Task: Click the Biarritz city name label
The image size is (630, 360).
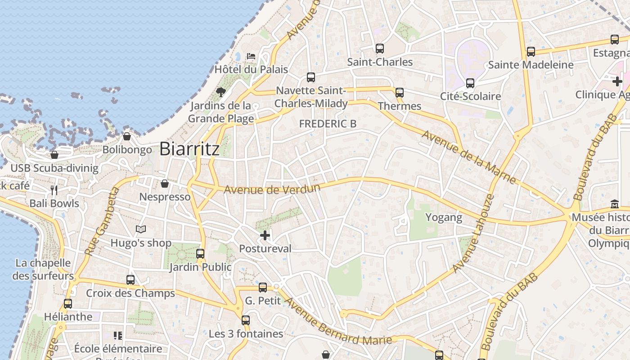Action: tap(189, 149)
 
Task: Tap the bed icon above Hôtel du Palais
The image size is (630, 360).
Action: tap(251, 56)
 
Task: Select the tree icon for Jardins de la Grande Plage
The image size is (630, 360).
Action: tap(220, 92)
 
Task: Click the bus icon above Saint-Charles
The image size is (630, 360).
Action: tap(380, 48)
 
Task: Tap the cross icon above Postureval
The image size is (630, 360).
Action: tap(265, 235)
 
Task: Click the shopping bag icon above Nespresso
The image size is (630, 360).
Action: tap(165, 184)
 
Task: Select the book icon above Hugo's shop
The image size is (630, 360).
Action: tap(141, 229)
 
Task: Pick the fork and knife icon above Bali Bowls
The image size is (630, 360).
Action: tap(54, 190)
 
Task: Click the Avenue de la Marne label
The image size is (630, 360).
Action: tap(468, 157)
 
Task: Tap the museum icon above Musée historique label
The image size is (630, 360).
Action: tap(615, 204)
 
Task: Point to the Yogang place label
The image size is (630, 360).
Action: tap(444, 218)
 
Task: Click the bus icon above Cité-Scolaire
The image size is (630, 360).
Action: tap(470, 83)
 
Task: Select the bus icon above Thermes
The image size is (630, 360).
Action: tap(400, 93)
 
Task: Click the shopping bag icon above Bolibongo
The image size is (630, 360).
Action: tap(127, 136)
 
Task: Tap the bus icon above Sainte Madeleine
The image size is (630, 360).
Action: tap(531, 52)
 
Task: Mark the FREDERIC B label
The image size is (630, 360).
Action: tap(328, 124)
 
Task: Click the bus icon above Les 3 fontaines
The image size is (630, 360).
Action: tap(246, 320)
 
